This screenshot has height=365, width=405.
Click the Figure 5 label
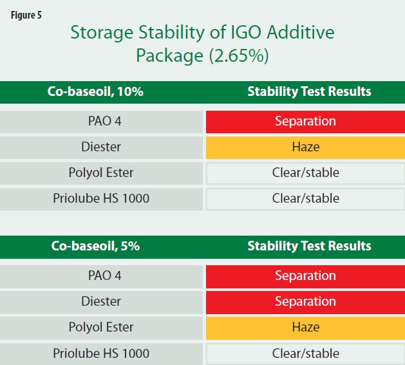26,15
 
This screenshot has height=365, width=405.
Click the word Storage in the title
102,33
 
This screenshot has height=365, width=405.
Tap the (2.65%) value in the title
239,55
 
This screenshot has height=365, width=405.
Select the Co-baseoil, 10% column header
95,91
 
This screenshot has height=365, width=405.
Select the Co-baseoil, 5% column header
95,246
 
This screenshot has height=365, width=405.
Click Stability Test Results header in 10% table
309,91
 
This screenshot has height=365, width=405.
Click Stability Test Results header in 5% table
309,246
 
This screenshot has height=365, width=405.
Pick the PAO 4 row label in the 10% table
104,121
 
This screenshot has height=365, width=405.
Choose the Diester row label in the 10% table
101,147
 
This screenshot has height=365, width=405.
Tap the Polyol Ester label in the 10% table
101,173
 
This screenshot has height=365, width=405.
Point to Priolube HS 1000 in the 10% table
101,198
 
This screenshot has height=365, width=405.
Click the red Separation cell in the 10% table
305,122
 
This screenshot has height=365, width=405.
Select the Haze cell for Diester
305,147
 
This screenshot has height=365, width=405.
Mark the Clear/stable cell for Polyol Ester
305,173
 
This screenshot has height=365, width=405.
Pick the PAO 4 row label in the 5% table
104,276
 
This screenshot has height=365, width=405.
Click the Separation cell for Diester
305,302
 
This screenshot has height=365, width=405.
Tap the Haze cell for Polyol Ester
305,328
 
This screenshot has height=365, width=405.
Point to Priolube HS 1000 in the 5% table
101,353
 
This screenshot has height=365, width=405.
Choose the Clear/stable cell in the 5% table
305,353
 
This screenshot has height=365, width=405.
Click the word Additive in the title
301,32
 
